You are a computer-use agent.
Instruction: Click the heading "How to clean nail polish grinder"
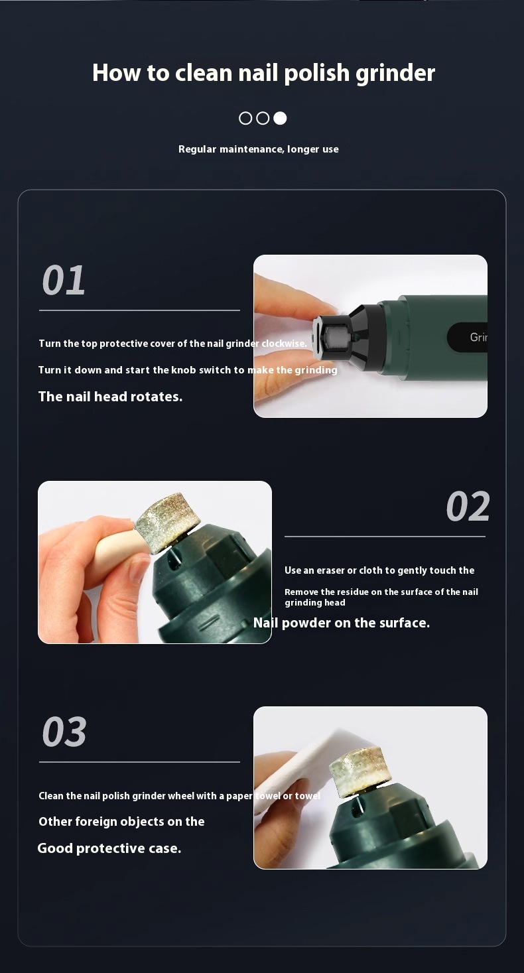[263, 73]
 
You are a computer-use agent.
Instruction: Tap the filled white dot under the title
[280, 118]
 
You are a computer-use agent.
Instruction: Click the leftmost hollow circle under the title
[245, 118]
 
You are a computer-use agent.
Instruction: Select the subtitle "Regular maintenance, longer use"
[258, 149]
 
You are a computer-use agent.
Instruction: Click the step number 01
[64, 281]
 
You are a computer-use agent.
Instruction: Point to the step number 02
[468, 507]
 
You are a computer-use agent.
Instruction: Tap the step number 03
[64, 732]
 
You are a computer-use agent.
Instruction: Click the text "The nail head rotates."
[110, 397]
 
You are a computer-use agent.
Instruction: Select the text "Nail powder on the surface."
[342, 623]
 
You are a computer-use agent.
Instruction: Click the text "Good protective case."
[109, 848]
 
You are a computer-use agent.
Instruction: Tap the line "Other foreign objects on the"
[121, 822]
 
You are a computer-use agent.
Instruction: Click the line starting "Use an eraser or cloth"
[379, 570]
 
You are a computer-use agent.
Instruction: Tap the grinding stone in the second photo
[166, 522]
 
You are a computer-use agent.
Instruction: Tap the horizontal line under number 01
[139, 310]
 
